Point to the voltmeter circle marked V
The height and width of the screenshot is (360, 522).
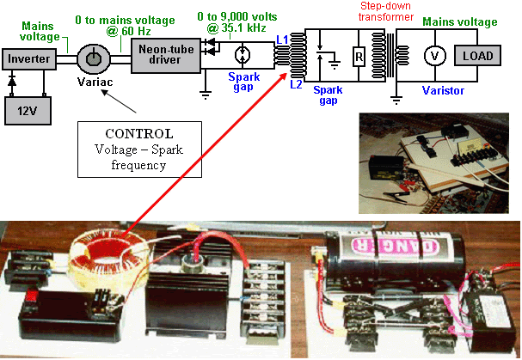pos(435,56)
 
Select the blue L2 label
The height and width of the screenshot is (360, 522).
pos(296,84)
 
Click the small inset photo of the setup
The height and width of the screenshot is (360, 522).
pos(433,163)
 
